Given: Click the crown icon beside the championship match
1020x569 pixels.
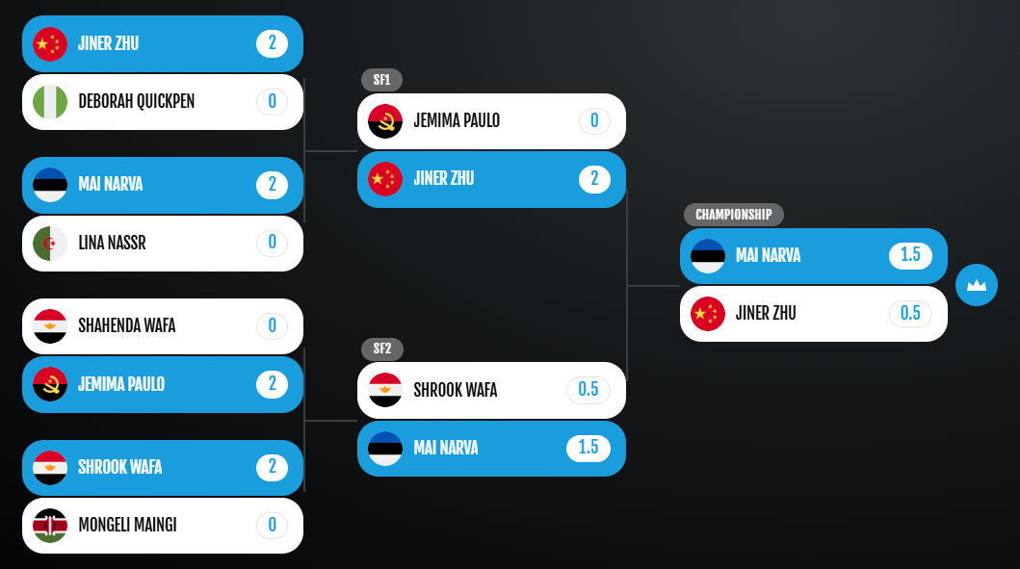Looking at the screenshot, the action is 977,285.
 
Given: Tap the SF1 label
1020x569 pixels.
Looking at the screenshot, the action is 381,80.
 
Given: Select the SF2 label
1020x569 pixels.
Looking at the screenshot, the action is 381,349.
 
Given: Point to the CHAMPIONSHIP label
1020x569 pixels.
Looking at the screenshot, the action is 734,215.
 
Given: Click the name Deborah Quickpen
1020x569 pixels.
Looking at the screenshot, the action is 137,101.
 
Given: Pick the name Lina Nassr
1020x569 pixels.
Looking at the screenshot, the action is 112,244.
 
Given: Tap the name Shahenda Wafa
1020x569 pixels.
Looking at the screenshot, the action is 127,325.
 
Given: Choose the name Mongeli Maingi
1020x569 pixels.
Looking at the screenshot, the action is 127,525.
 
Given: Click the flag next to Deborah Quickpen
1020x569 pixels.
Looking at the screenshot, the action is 50,102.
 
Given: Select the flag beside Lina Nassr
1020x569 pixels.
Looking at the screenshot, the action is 50,244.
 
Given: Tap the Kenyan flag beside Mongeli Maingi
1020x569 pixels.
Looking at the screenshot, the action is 50,526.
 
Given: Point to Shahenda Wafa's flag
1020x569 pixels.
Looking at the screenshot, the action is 50,325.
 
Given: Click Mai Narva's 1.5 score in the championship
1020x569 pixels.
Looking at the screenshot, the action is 910,255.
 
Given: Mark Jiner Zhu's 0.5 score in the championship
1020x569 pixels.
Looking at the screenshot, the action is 910,314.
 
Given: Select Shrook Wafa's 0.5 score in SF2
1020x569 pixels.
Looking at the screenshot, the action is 588,390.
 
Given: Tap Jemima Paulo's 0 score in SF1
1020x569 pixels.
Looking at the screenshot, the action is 594,121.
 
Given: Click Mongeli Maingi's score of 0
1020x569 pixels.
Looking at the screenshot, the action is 272,525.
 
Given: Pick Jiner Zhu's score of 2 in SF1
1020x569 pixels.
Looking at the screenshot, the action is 594,179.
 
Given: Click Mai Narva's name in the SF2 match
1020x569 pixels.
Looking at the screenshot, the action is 446,448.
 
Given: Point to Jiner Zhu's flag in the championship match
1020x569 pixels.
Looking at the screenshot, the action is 708,314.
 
